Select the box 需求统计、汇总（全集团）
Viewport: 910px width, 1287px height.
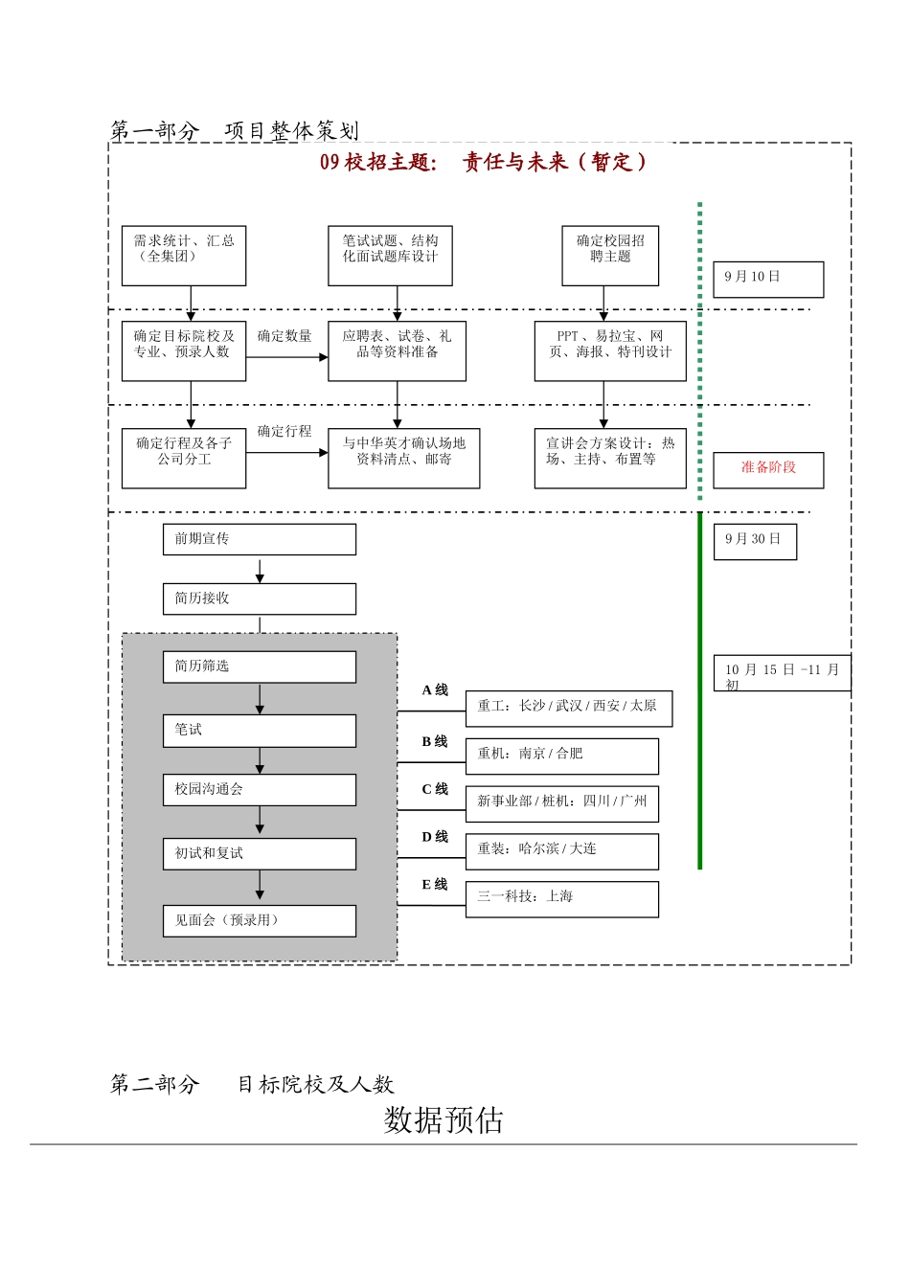[x=184, y=256]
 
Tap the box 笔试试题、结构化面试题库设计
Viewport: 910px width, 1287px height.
[x=390, y=256]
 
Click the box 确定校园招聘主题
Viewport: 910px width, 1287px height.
[x=610, y=256]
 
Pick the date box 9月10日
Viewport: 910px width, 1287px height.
[x=768, y=279]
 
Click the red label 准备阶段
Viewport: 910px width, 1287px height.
[x=768, y=469]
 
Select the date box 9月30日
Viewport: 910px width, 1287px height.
[x=755, y=541]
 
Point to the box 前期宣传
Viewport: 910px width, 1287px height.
[x=260, y=539]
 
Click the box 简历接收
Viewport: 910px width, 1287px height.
[x=260, y=598]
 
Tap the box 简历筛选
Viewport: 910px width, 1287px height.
[x=260, y=666]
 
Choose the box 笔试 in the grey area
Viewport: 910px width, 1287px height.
[x=260, y=731]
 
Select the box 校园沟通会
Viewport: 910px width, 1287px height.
[x=260, y=790]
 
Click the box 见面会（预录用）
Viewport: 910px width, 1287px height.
[x=260, y=920]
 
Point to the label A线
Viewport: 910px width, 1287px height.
[x=435, y=690]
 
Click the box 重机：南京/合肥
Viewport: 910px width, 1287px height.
[x=562, y=756]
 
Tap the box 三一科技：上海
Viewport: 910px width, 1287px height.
[x=562, y=898]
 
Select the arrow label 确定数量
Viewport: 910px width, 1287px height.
[x=284, y=336]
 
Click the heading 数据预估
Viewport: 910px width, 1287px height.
[x=444, y=1119]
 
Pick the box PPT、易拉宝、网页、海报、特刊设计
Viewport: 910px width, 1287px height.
[x=610, y=351]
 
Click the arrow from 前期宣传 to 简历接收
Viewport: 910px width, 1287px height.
[x=260, y=572]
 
